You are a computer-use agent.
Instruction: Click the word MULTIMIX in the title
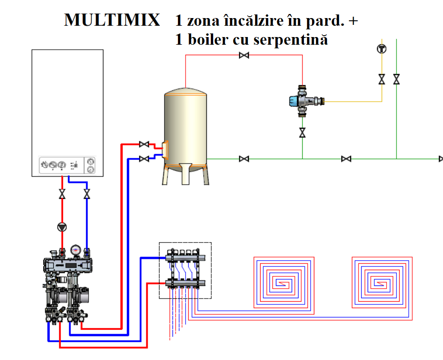pyautogui.click(x=112, y=20)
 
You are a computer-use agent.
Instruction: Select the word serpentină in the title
pyautogui.click(x=290, y=40)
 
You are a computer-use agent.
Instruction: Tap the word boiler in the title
pyautogui.click(x=208, y=39)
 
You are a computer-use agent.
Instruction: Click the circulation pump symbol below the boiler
pyautogui.click(x=62, y=227)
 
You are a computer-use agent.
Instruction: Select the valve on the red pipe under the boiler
pyautogui.click(x=62, y=194)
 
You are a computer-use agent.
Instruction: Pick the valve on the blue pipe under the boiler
pyautogui.click(x=87, y=194)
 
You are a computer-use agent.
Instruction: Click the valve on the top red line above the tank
pyautogui.click(x=244, y=55)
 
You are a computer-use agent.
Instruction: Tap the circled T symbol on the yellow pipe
pyautogui.click(x=382, y=49)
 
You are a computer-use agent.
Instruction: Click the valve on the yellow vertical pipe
pyautogui.click(x=382, y=79)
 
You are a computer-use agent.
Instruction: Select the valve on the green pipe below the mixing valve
pyautogui.click(x=302, y=132)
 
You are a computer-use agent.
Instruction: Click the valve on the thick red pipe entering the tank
pyautogui.click(x=144, y=145)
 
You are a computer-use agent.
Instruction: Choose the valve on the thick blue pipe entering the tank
pyautogui.click(x=144, y=159)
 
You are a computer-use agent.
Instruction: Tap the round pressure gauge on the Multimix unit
pyautogui.click(x=75, y=250)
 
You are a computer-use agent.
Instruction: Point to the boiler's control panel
pyautogui.click(x=67, y=165)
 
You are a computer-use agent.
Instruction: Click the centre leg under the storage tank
pyautogui.click(x=185, y=174)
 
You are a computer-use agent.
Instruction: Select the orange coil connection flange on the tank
pyautogui.click(x=165, y=150)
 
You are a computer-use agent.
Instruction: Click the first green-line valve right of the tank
pyautogui.click(x=244, y=159)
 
